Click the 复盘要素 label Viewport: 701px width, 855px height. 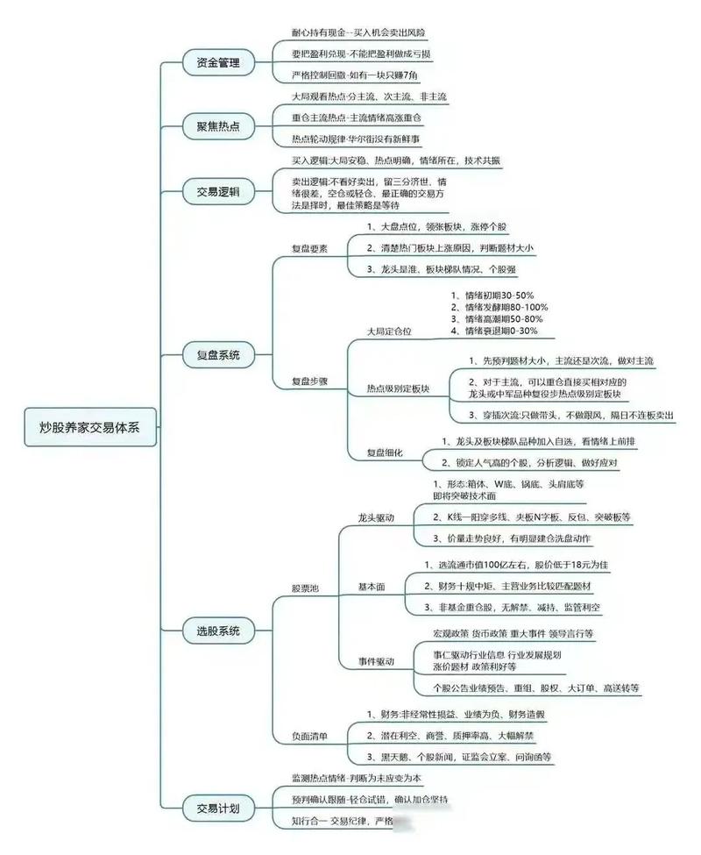point(309,248)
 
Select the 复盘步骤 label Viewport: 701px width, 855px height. point(309,381)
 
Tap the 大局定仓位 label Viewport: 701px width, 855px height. point(389,332)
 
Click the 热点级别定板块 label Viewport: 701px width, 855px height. point(398,388)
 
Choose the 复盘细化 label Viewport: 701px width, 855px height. point(385,452)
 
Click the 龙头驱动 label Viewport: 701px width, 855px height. point(376,517)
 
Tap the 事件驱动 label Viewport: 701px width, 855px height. point(376,660)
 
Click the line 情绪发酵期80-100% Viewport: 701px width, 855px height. point(499,307)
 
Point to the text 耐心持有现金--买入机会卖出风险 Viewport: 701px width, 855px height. point(358,32)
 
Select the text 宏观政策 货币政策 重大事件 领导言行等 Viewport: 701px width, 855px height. point(513,632)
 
